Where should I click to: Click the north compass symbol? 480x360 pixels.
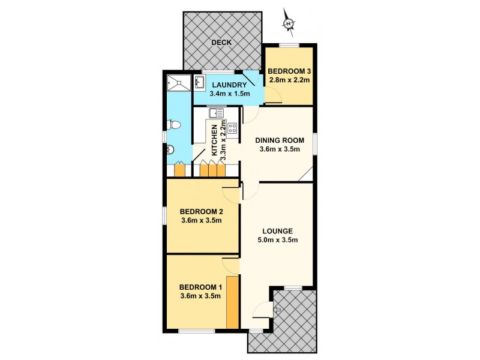(289, 23)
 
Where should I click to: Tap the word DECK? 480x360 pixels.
(221, 43)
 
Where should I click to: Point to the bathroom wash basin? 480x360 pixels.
(170, 150)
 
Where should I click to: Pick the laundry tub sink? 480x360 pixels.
(200, 83)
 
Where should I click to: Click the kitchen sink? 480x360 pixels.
(216, 113)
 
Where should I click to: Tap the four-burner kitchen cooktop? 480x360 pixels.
(232, 127)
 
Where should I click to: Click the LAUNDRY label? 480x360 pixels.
(228, 85)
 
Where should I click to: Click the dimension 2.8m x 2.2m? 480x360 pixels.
(290, 79)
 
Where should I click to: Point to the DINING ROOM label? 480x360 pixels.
(278, 139)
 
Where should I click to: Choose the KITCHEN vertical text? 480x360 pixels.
(214, 139)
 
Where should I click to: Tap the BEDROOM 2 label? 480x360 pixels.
(202, 211)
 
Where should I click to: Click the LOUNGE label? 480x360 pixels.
(277, 230)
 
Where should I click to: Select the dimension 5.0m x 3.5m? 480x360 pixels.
(277, 240)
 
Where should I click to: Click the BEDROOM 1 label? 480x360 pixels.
(202, 286)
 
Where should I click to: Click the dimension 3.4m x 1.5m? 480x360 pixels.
(228, 94)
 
